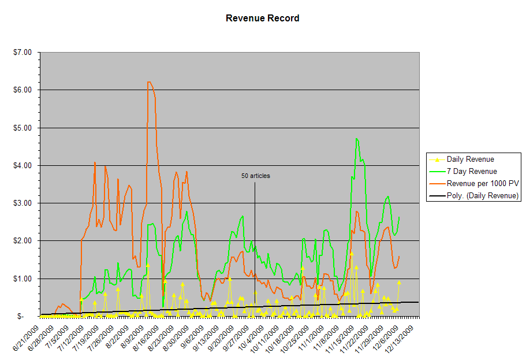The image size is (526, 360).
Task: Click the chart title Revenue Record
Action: coord(262,18)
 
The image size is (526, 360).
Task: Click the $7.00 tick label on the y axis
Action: coord(23,53)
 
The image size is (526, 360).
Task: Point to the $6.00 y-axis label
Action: coord(23,90)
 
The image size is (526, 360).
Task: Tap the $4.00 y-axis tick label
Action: coord(23,166)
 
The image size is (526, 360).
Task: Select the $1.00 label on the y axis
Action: coord(23,279)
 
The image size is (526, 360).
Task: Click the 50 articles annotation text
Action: coord(255,176)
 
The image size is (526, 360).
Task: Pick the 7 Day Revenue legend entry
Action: coord(471,171)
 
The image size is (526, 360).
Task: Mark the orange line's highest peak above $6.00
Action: coord(149,82)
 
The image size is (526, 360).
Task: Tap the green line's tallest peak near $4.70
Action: coord(357,139)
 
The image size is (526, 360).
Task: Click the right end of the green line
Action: coord(399,217)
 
